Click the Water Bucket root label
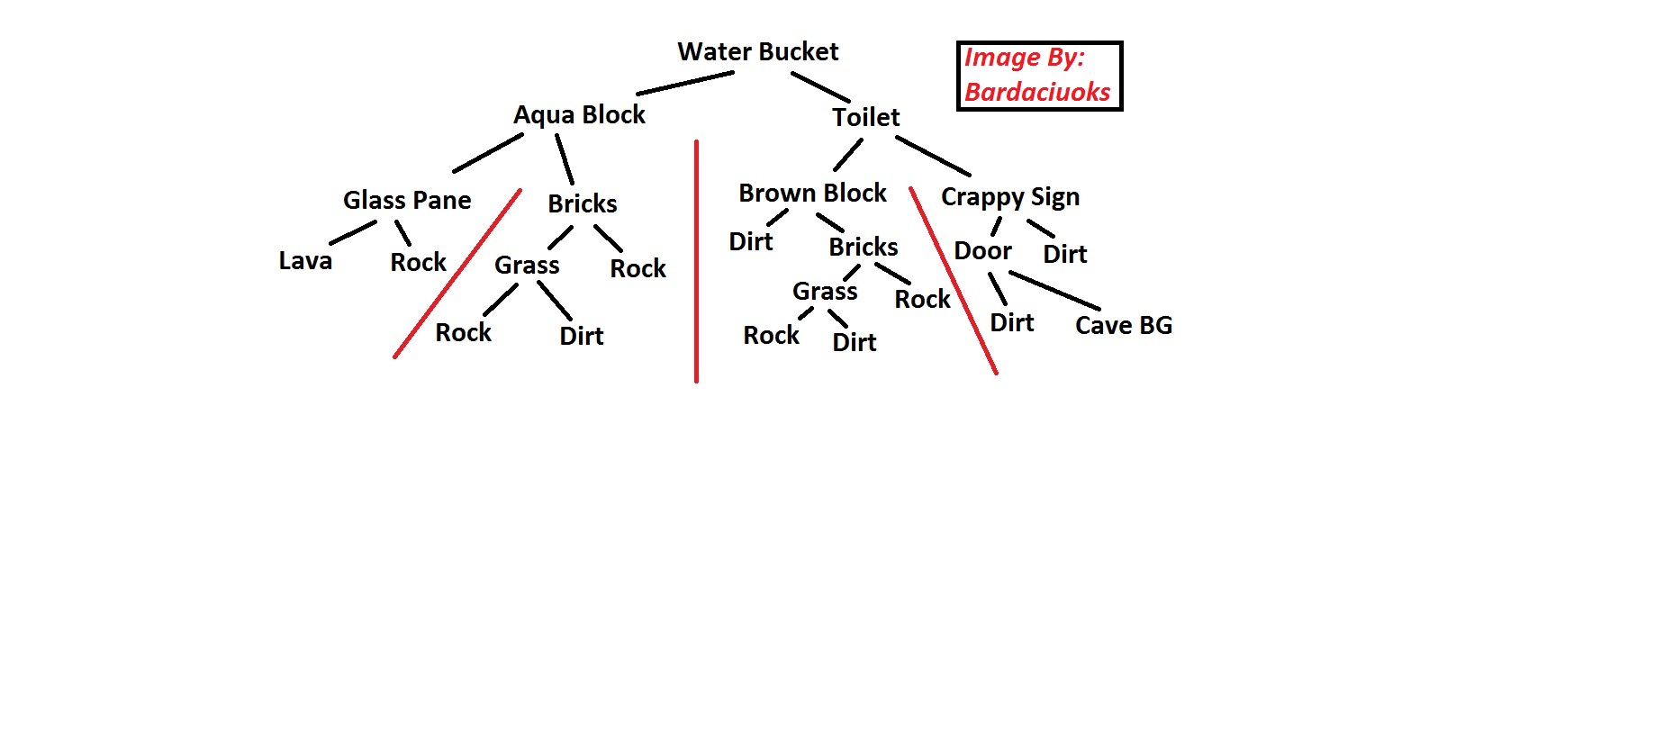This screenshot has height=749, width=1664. coord(757,52)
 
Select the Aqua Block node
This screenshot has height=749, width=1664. coord(579,115)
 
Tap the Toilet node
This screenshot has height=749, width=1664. coord(865,118)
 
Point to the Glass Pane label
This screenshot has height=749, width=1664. coord(407,200)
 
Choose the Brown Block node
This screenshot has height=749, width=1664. coord(812,194)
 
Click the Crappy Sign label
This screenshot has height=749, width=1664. coord(1009,197)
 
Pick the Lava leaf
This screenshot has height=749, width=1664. coord(305,261)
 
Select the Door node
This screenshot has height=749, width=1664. coord(982,251)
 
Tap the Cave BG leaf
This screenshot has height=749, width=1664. coord(1124,326)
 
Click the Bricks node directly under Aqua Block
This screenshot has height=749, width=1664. coord(583,204)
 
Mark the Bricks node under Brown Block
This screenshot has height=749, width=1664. coord(864,248)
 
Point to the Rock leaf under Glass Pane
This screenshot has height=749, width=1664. coord(418,263)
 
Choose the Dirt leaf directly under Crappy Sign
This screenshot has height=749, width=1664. coord(1065,255)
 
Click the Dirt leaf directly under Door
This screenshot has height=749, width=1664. coord(1012,323)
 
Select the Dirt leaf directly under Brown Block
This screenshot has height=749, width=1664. coord(751,242)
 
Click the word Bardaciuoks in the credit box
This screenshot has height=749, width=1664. coord(1037,92)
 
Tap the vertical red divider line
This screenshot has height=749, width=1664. coord(696,261)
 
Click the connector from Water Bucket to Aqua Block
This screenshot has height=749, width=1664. coord(684,83)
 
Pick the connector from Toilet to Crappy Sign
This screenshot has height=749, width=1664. coord(933,156)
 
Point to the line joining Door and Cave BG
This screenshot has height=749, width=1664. coord(1054,290)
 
